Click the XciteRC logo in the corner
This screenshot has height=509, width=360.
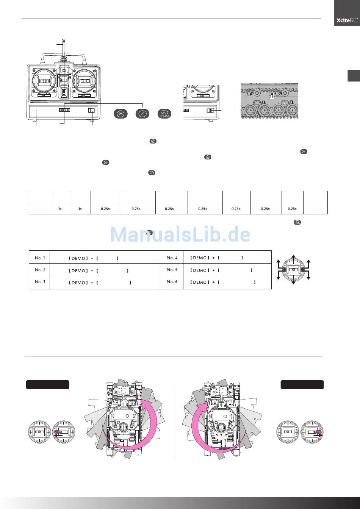click(x=347, y=20)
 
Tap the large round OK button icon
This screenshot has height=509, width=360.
click(x=121, y=113)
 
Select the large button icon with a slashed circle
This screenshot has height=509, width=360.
click(x=142, y=113)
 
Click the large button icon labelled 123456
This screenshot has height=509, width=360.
click(x=164, y=113)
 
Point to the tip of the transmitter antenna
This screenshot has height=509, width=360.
click(x=64, y=39)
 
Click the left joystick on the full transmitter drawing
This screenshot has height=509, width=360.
click(x=43, y=81)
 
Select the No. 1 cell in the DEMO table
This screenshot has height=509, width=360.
click(x=39, y=258)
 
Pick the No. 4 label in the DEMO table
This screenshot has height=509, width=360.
click(x=172, y=258)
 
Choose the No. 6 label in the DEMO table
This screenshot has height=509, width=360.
click(x=172, y=282)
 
